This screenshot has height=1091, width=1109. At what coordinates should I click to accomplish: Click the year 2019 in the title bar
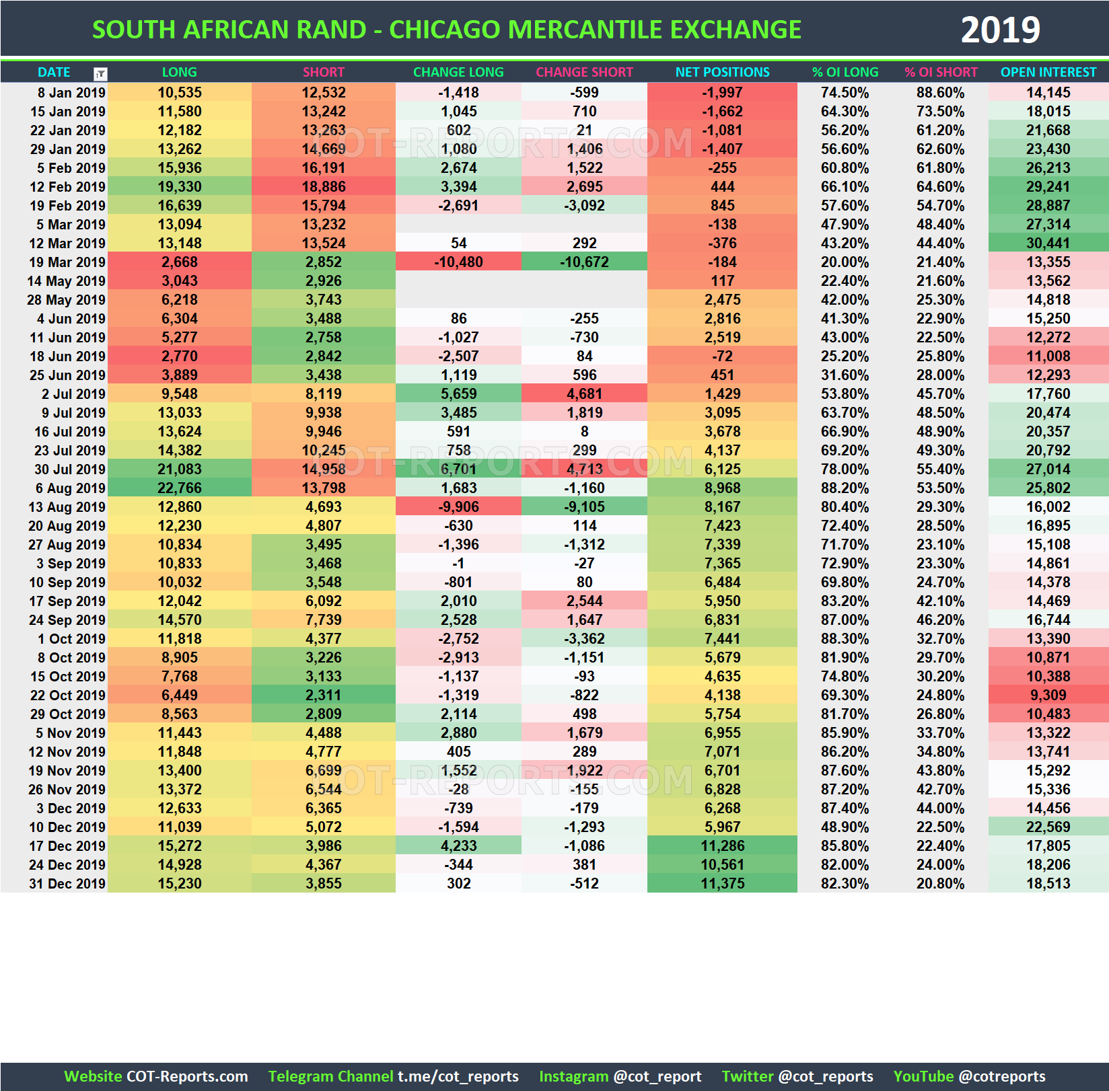[x=1000, y=30]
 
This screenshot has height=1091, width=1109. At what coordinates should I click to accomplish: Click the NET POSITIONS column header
[x=722, y=72]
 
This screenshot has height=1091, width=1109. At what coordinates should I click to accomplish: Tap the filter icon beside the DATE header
[x=100, y=73]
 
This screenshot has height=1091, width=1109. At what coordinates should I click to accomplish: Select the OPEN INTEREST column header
[x=1048, y=72]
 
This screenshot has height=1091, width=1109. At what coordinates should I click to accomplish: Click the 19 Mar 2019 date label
[x=67, y=262]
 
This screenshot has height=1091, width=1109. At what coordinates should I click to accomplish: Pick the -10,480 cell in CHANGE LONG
[x=458, y=262]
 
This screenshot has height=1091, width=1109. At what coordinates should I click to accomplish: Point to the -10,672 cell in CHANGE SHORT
[x=584, y=262]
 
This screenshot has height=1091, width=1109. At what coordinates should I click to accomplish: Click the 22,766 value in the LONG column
[x=179, y=488]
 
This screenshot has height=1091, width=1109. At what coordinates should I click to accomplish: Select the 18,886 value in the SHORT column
[x=323, y=186]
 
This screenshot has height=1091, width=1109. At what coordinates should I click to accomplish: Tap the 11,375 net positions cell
[x=722, y=883]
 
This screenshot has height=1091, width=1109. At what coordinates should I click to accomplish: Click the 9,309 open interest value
[x=1048, y=695]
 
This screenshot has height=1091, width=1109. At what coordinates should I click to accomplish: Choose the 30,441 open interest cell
[x=1048, y=243]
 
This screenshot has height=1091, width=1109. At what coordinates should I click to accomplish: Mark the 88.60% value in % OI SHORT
[x=940, y=92]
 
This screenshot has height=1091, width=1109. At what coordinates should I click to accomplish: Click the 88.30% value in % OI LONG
[x=845, y=638]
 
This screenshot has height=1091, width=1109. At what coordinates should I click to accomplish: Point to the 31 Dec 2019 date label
[x=67, y=883]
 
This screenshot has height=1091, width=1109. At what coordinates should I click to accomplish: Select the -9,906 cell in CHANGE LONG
[x=458, y=506]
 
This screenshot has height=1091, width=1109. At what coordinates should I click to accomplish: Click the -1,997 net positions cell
[x=722, y=92]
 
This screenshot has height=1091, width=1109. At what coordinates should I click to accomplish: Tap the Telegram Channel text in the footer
[x=330, y=1076]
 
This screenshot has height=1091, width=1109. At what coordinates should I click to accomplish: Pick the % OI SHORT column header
[x=940, y=72]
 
